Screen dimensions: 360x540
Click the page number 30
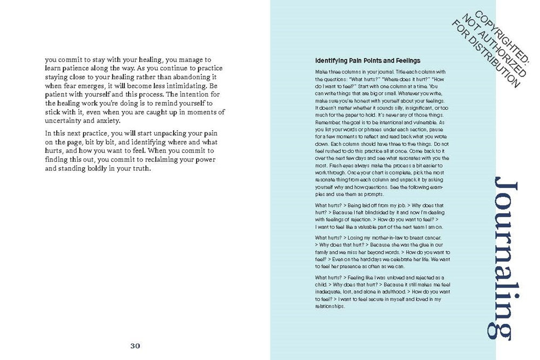pos(135,346)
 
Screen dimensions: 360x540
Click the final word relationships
pos(329,307)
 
